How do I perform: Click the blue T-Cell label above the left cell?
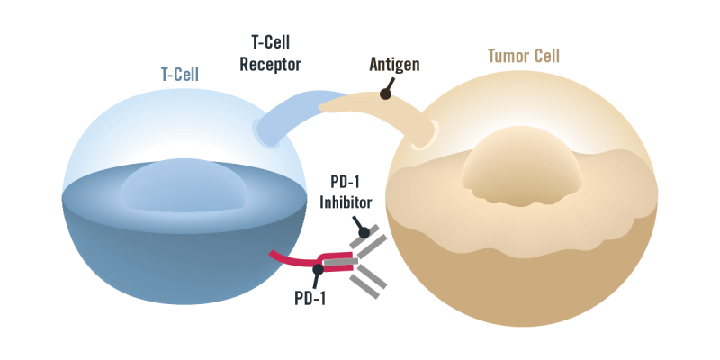click(x=178, y=75)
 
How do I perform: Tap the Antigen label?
click(x=394, y=65)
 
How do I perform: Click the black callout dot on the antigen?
click(x=385, y=93)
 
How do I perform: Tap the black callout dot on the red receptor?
click(x=318, y=269)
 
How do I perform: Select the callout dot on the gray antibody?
click(x=364, y=232)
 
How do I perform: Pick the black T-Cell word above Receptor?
click(x=270, y=41)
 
